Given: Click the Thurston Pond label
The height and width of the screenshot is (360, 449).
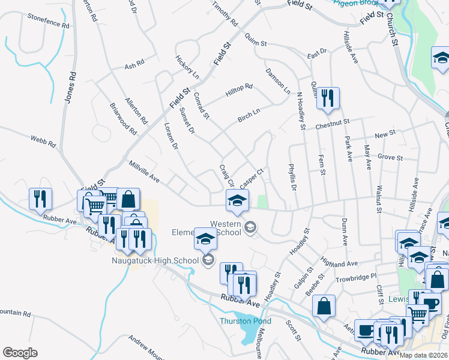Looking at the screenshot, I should [245, 321].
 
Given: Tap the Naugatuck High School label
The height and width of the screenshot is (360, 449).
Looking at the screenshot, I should [155, 260].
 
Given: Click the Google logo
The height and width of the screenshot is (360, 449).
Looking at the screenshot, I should [20, 353].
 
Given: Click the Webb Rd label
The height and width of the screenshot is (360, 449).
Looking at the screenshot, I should [43, 142].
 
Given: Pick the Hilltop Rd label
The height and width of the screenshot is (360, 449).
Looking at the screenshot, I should [240, 91].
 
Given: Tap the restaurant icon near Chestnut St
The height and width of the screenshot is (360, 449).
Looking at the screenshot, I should [327, 97].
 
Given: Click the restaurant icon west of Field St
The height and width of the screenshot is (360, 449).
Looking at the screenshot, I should [40, 198].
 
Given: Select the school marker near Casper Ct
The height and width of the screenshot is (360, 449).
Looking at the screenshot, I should [237, 200].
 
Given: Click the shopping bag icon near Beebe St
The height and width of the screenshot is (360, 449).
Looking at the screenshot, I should [324, 305].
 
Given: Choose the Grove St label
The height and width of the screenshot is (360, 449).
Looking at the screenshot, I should [390, 158].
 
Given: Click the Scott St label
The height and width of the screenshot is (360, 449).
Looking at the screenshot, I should [294, 331].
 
